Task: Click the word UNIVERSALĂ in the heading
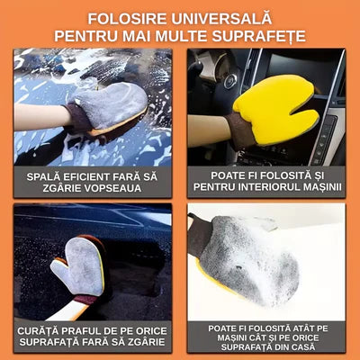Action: [x=221, y=19]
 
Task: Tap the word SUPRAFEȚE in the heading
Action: [x=259, y=36]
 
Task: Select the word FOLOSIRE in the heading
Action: [x=127, y=19]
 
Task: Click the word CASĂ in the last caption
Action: [x=305, y=346]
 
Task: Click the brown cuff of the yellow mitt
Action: [x=240, y=131]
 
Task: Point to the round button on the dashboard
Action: [x=230, y=80]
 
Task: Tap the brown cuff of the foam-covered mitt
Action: [x=200, y=238]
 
